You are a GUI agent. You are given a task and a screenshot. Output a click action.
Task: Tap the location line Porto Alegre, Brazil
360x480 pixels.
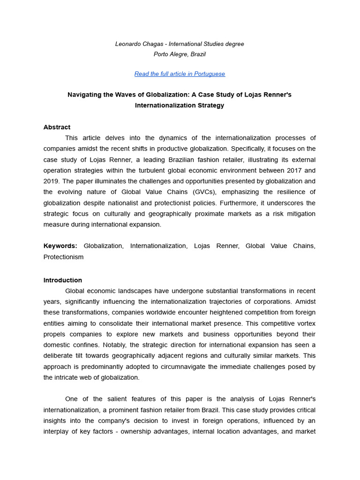[180, 54]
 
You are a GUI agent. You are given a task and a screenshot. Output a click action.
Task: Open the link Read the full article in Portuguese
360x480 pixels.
[180, 74]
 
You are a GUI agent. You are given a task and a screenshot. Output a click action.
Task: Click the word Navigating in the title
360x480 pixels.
[85, 95]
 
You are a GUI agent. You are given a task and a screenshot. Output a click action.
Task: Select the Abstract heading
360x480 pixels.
[57, 127]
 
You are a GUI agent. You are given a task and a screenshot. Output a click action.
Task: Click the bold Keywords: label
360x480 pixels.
[60, 246]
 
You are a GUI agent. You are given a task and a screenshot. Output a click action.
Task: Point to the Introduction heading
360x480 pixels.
[62, 280]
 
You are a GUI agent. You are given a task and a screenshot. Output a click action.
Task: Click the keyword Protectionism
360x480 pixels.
[63, 257]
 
